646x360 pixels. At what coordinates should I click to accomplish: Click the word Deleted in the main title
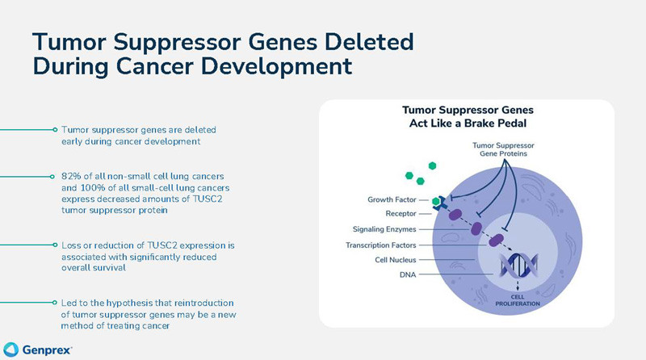point(359,40)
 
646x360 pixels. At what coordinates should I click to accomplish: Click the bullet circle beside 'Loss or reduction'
point(54,244)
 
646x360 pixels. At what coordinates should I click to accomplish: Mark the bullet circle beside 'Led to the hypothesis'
point(54,303)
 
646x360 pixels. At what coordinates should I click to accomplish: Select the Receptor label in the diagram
point(401,214)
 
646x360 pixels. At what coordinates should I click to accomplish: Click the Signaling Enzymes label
point(382,229)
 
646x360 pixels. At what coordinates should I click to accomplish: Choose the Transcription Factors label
point(376,244)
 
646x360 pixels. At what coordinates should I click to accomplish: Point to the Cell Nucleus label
point(392,259)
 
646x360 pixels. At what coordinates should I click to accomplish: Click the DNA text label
point(409,274)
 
